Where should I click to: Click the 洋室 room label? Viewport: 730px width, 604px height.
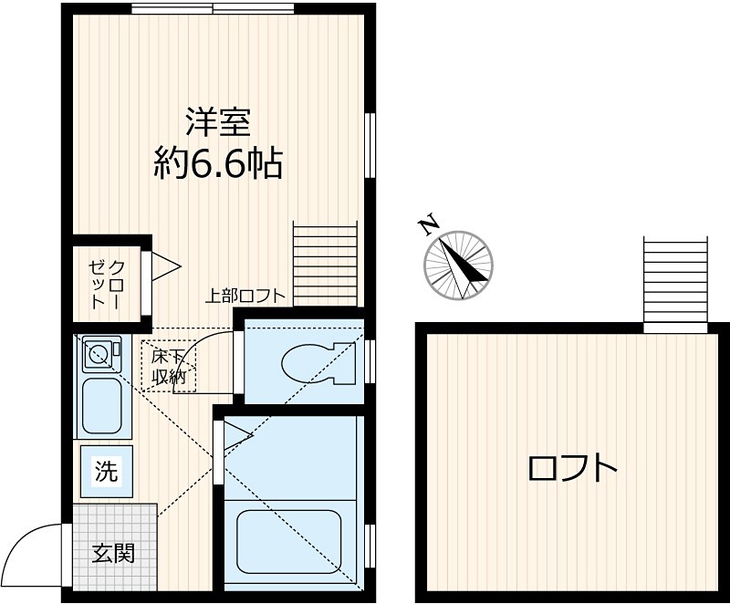point(218,122)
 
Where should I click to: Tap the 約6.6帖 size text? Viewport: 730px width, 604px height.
point(218,164)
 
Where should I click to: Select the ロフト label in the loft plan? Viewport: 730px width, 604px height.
point(572,468)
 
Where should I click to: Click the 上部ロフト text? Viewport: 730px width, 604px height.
point(245,296)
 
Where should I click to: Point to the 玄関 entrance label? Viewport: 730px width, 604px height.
point(114,552)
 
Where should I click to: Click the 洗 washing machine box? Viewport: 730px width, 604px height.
point(107,472)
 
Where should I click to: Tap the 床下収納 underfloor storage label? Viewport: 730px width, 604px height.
point(169,366)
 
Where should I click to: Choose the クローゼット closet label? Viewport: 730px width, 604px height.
point(107,282)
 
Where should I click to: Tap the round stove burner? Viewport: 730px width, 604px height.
point(98,351)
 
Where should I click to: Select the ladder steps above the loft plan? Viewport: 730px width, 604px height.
point(675,283)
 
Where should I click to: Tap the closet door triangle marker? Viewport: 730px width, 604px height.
point(165,266)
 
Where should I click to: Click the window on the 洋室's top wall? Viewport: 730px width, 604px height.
point(212,9)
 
